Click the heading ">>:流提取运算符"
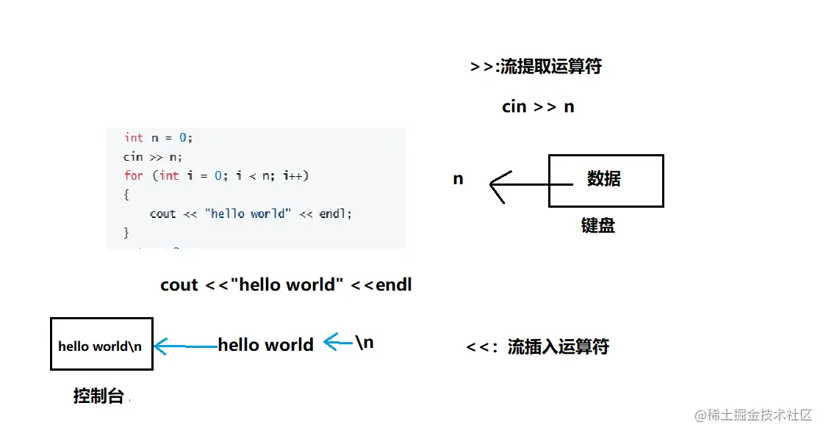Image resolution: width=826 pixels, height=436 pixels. [x=536, y=67]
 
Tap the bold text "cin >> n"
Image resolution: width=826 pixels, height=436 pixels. [x=538, y=106]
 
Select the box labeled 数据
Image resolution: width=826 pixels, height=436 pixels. [x=606, y=181]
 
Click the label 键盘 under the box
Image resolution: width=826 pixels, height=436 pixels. [x=597, y=226]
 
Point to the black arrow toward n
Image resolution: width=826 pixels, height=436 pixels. [x=519, y=183]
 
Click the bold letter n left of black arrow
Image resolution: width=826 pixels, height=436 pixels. [x=458, y=179]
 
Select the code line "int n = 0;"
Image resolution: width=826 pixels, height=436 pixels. [x=158, y=137]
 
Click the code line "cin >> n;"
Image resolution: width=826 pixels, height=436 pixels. [x=152, y=156]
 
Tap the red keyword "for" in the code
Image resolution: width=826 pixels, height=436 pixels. [x=133, y=175]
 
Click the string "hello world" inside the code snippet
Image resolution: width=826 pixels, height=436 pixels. [x=248, y=214]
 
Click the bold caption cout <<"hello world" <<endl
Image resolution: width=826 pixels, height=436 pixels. [x=286, y=285]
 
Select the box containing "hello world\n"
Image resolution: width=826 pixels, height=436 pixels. [x=101, y=344]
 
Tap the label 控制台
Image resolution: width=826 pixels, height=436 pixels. [x=98, y=396]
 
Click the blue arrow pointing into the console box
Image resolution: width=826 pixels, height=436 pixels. [x=185, y=346]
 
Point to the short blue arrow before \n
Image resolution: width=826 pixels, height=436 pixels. [x=337, y=341]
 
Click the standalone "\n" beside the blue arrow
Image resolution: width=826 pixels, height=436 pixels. [x=364, y=342]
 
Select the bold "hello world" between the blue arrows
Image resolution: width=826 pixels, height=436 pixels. [x=265, y=345]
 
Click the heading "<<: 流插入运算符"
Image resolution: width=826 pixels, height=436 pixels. [x=537, y=346]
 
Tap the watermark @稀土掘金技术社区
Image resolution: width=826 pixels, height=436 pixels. [x=753, y=415]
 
